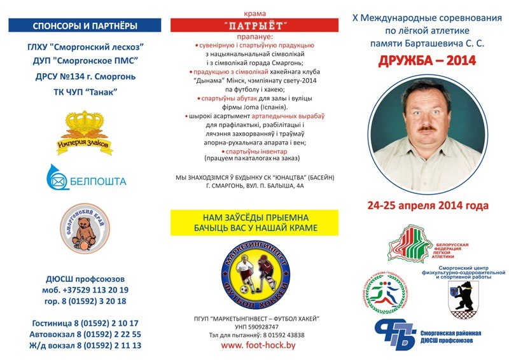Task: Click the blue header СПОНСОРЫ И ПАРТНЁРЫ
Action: pos(85,25)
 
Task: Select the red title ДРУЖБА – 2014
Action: pos(427,62)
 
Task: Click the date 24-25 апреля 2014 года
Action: pos(428,205)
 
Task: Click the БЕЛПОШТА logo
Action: pos(85,178)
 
